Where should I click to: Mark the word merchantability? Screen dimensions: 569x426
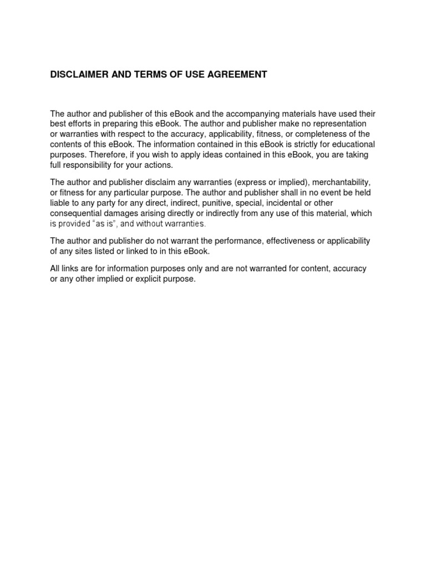pyautogui.click(x=339, y=183)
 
